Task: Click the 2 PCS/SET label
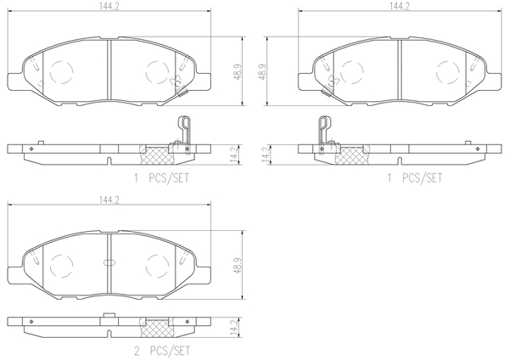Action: click(162, 351)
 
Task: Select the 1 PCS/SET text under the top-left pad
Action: click(161, 178)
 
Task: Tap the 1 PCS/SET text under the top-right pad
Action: click(415, 178)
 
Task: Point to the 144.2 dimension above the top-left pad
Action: click(109, 6)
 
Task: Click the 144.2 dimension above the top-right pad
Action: click(400, 6)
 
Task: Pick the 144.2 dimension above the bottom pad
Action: click(109, 200)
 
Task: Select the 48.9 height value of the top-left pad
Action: click(238, 71)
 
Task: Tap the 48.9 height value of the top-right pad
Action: click(262, 71)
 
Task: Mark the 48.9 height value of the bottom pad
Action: click(238, 266)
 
